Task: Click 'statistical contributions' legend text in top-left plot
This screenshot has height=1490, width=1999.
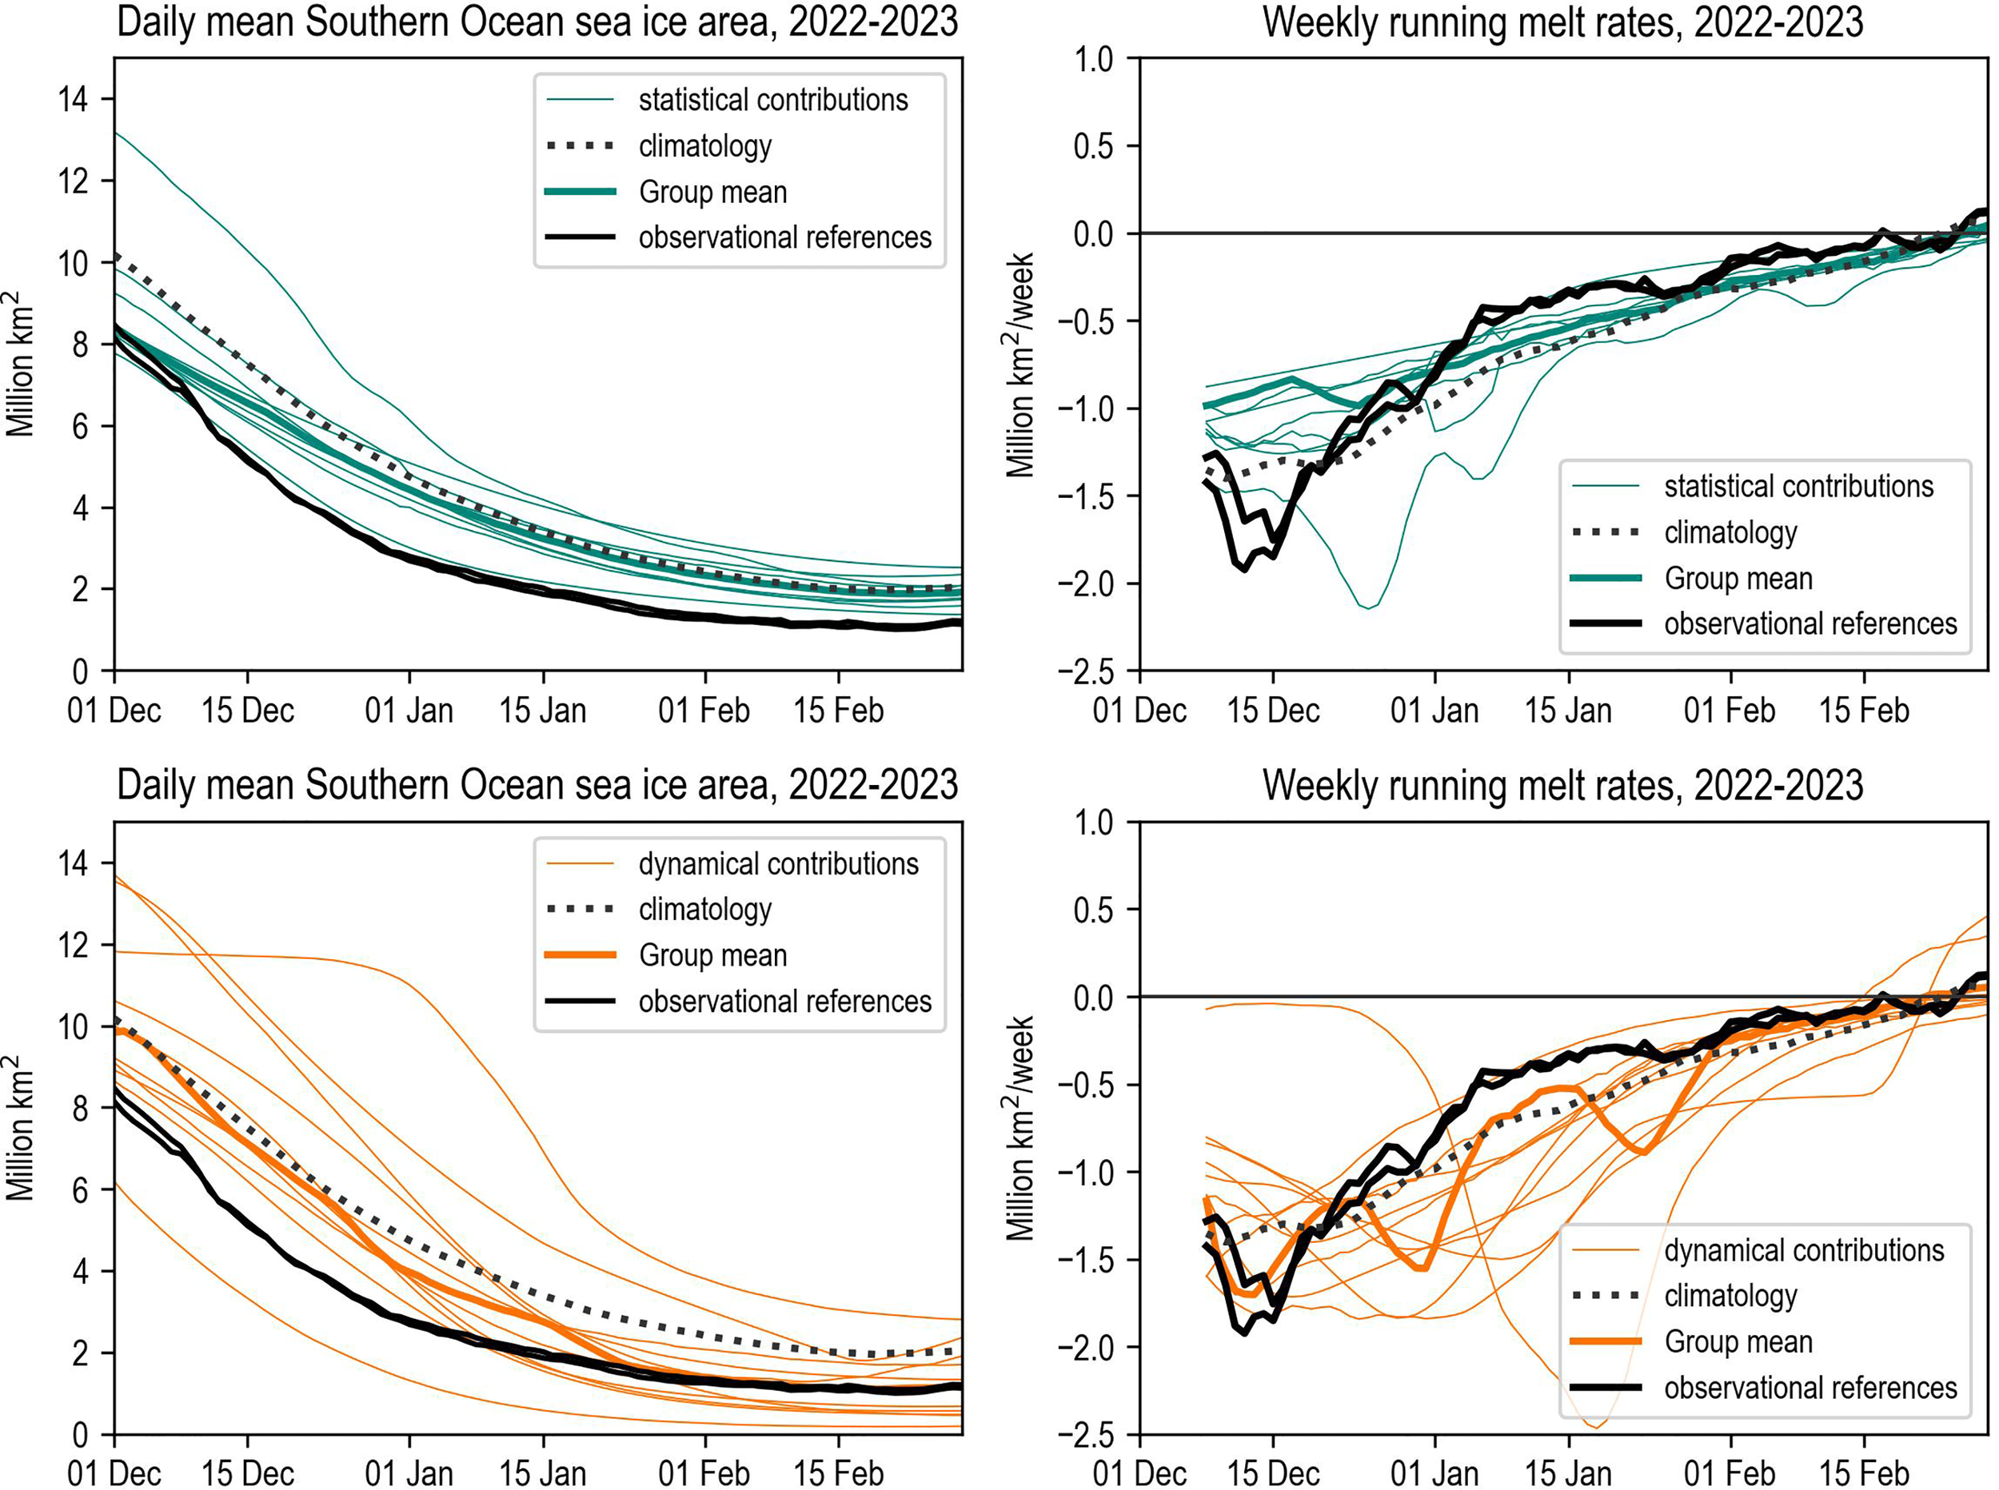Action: [773, 100]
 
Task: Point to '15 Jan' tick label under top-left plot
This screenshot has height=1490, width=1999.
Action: [543, 711]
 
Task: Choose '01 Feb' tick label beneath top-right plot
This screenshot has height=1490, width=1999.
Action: [1730, 711]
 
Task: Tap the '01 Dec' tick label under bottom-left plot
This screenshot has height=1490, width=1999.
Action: [114, 1474]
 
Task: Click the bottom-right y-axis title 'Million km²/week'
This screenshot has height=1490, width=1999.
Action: [1020, 1127]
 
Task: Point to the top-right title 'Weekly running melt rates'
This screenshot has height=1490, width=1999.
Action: [1562, 22]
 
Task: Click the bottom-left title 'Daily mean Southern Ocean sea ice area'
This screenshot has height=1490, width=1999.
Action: [537, 785]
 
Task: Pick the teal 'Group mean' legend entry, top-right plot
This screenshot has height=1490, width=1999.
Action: [1738, 578]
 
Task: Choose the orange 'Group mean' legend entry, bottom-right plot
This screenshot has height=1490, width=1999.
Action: [1738, 1342]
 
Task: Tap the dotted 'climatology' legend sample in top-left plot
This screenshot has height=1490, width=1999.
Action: [581, 146]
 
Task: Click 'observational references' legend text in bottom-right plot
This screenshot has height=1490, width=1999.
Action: [1810, 1388]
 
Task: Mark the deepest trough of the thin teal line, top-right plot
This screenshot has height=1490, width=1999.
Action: [1368, 608]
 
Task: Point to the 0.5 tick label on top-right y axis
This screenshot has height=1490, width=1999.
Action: [1094, 146]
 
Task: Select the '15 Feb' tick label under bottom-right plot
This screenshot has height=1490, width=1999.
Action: [1864, 1474]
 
